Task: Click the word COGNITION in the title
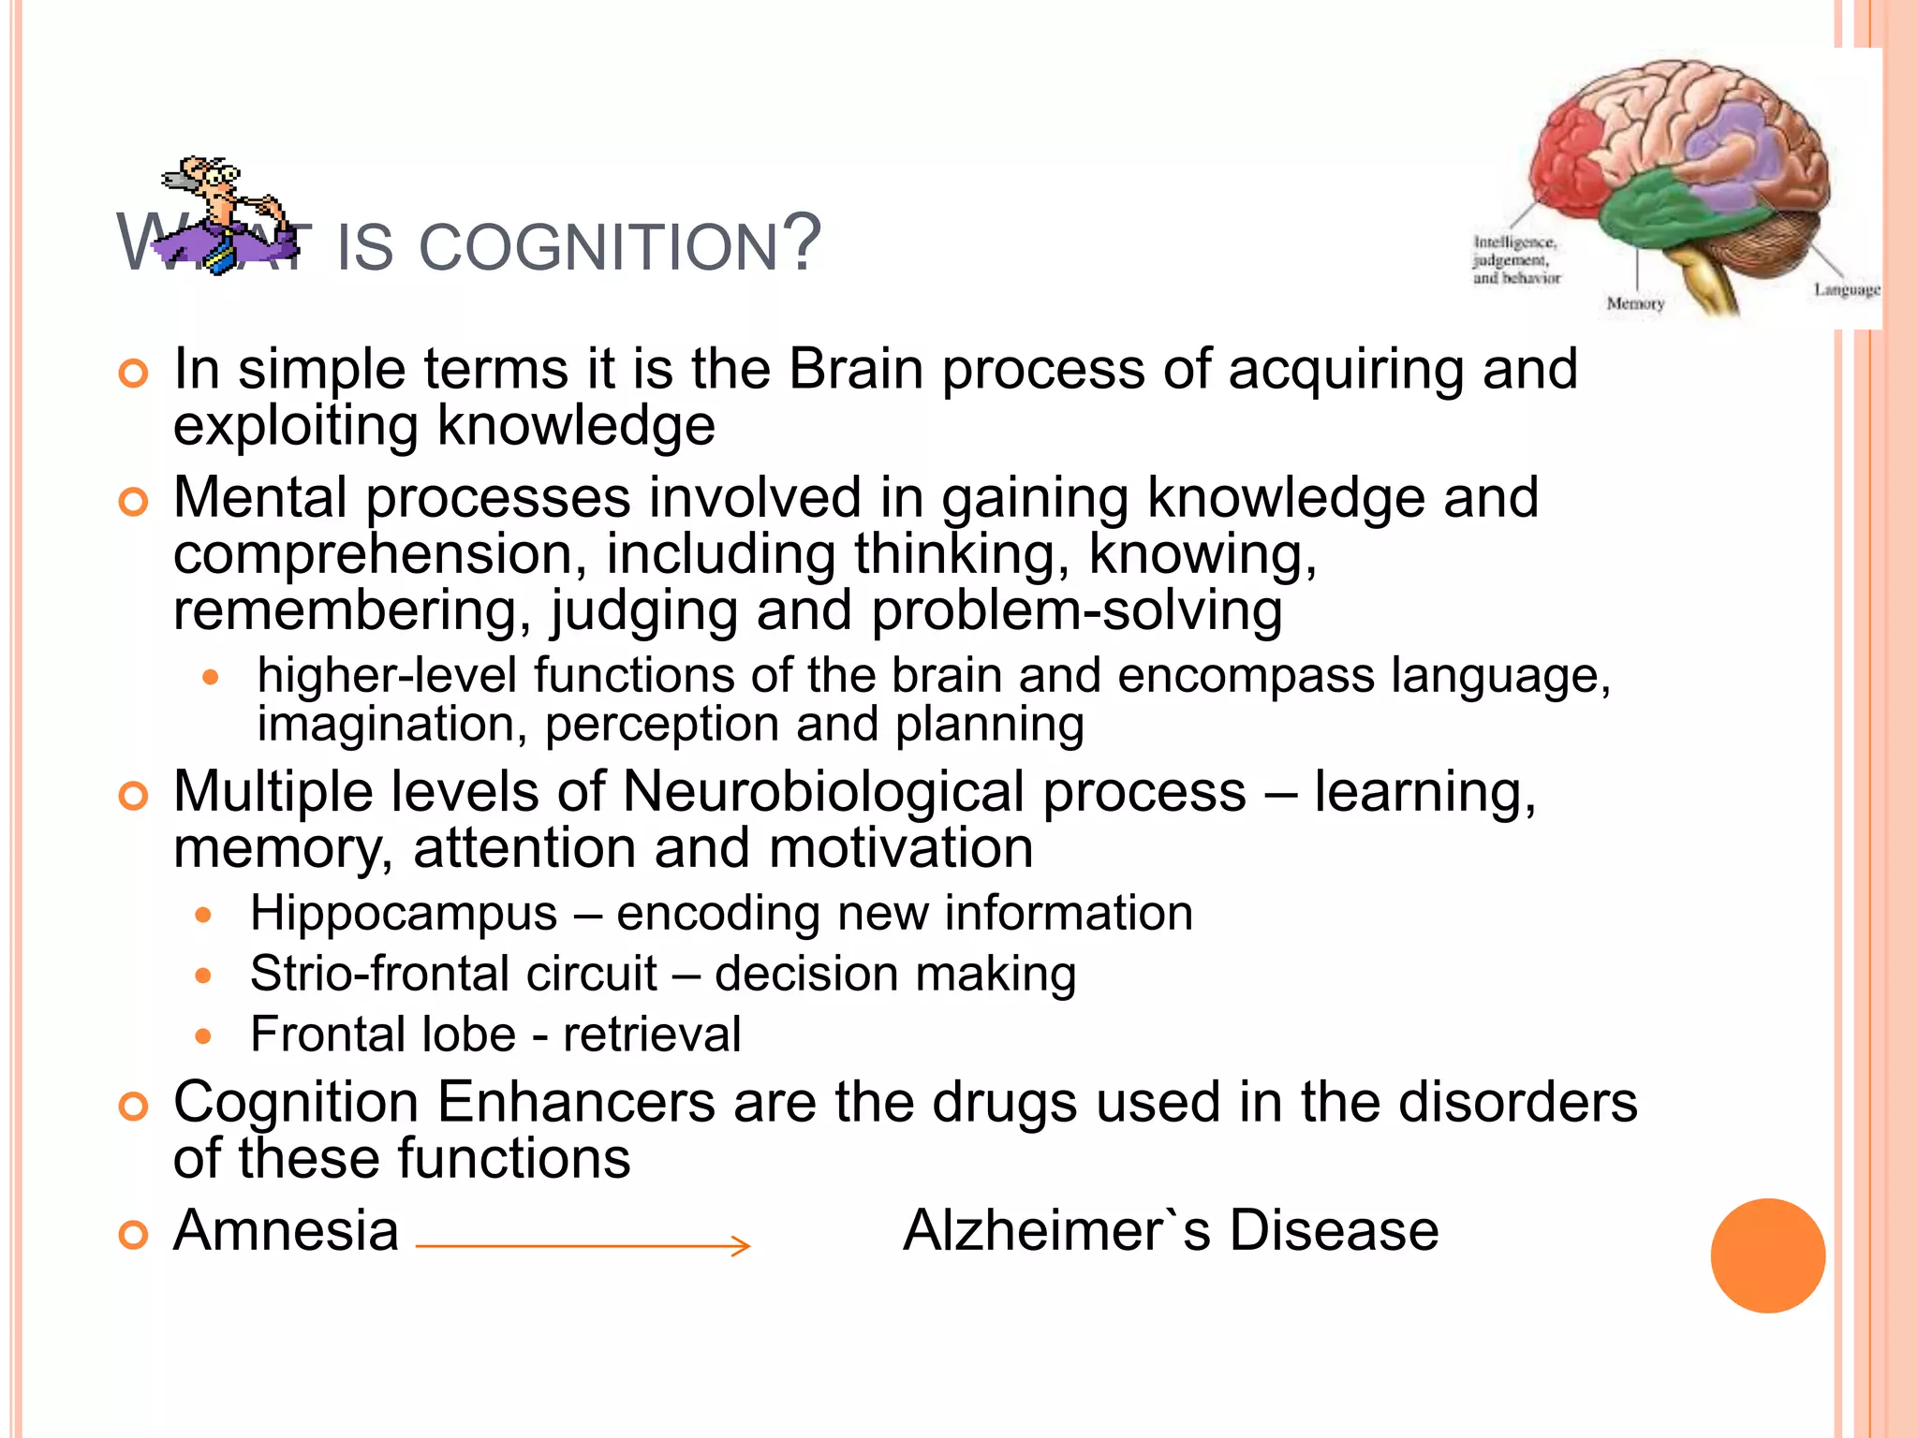point(598,248)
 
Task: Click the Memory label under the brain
point(1635,303)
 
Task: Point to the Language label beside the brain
point(1846,289)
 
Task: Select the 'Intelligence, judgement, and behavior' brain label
point(1516,259)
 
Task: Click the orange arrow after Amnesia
point(583,1245)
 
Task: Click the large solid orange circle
point(1767,1255)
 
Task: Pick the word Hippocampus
point(404,914)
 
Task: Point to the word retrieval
point(652,1034)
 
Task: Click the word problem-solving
point(1076,610)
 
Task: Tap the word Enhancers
point(575,1102)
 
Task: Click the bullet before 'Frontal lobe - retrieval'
point(204,1036)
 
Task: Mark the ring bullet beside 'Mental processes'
point(134,503)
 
